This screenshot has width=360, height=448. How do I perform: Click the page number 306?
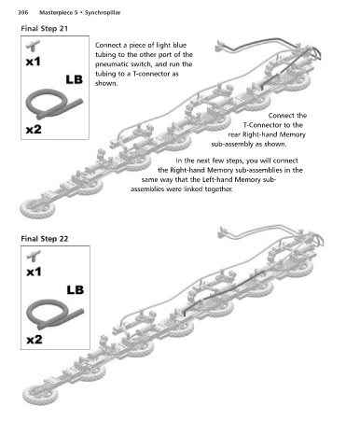(x=22, y=13)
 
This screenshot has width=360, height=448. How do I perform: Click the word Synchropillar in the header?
(x=103, y=13)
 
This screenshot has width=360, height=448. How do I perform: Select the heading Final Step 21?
(x=44, y=29)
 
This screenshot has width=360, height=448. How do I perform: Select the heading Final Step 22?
(x=45, y=239)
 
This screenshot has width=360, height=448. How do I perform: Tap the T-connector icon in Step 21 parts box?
(x=33, y=46)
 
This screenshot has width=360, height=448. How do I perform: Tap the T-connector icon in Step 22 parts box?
(x=34, y=256)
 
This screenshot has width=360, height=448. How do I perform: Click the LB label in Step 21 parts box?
(x=75, y=80)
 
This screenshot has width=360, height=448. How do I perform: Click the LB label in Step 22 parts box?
(x=76, y=290)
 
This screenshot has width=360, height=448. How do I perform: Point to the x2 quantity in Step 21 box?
(x=34, y=129)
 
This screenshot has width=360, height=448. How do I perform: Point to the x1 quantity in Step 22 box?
(x=34, y=273)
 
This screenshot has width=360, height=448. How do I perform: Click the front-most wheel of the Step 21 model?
(x=37, y=208)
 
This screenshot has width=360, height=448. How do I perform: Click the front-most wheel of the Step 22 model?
(x=40, y=395)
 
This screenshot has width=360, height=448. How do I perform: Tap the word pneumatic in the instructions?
(x=110, y=64)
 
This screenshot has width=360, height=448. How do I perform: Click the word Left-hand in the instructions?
(x=217, y=180)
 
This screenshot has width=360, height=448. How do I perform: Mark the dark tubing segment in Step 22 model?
(x=225, y=292)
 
